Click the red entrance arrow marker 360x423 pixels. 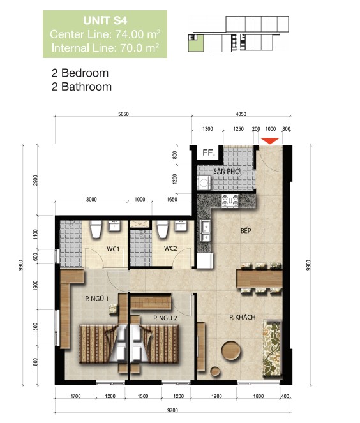click(x=270, y=141)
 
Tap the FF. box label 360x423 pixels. click(x=209, y=153)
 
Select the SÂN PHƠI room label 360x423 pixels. click(x=227, y=171)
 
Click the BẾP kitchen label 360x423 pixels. click(x=246, y=231)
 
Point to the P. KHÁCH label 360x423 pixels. click(x=243, y=317)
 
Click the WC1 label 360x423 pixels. click(x=113, y=249)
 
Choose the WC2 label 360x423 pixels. click(x=170, y=248)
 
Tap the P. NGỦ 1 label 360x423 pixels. click(x=96, y=299)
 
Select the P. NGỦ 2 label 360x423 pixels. click(x=165, y=318)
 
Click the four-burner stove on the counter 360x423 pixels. click(x=230, y=201)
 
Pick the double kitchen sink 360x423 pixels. click(x=206, y=230)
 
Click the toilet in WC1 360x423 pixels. click(x=96, y=229)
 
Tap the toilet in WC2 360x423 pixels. click(x=163, y=229)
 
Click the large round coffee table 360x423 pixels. click(x=231, y=350)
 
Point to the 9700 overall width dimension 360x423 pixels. click(x=172, y=410)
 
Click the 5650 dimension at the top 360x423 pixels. click(x=123, y=114)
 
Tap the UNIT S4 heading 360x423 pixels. click(x=105, y=21)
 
